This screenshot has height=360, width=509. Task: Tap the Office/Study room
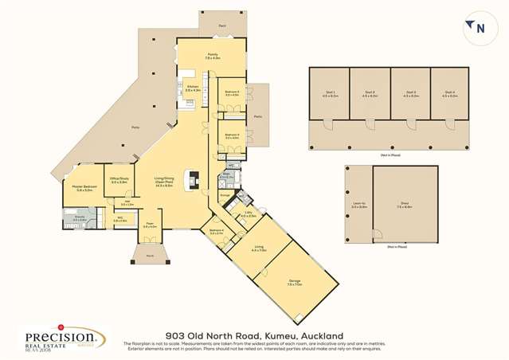pos(119,182)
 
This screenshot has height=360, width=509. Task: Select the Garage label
pos(294,282)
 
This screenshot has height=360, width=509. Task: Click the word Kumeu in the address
pos(276,335)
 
